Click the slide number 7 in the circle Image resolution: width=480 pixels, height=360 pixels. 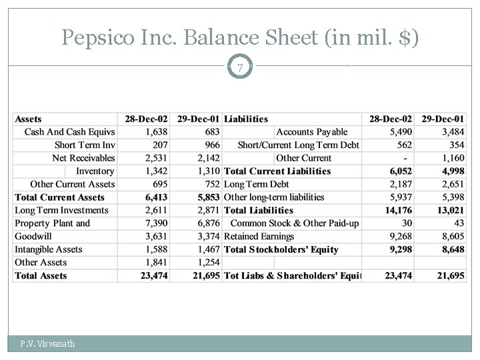(x=240, y=67)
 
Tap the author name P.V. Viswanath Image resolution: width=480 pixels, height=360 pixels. (x=47, y=344)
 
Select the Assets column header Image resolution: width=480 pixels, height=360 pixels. (x=28, y=119)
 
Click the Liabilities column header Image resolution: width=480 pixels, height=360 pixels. (x=246, y=119)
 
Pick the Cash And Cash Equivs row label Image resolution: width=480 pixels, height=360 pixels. (x=69, y=132)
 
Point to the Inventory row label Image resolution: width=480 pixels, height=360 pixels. (x=95, y=171)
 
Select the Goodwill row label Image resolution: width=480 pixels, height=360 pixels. (x=33, y=236)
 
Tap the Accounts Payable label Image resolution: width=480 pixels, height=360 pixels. (x=311, y=132)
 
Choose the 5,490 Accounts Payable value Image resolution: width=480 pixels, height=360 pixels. (x=401, y=132)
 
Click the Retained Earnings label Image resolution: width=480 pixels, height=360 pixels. (x=259, y=236)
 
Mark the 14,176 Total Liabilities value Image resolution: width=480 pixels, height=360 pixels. (x=398, y=210)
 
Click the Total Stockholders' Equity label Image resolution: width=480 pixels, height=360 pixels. (x=281, y=249)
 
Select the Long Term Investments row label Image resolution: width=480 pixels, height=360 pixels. (x=61, y=210)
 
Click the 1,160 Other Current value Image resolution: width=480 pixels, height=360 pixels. (x=453, y=158)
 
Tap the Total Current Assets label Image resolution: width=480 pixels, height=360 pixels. (x=60, y=197)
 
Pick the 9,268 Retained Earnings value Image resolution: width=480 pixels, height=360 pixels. (x=401, y=236)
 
